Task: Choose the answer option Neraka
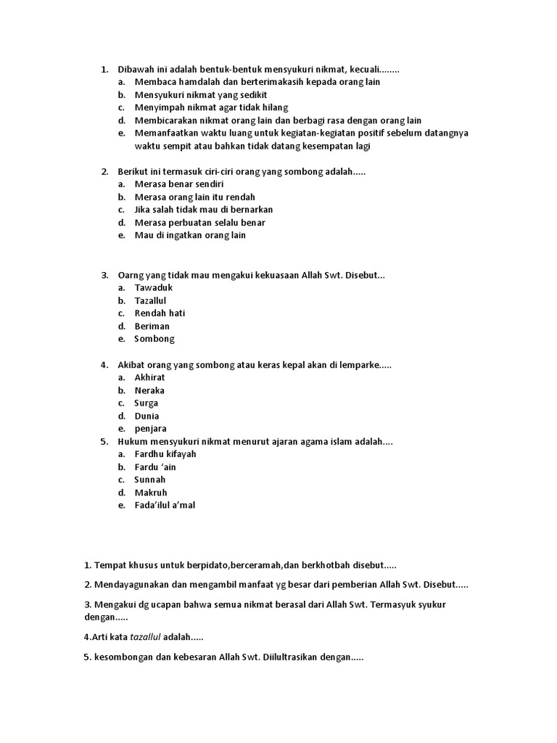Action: tap(149, 390)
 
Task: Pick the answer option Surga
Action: tap(146, 403)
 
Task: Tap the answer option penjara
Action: tap(150, 429)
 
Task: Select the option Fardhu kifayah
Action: tap(165, 454)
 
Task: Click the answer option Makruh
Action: tap(151, 493)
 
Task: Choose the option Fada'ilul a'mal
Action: tap(165, 506)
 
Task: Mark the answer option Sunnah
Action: tap(149, 480)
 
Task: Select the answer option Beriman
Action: tap(152, 327)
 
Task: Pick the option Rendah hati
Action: tap(160, 313)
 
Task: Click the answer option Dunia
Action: tap(147, 416)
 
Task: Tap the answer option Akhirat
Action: tap(149, 377)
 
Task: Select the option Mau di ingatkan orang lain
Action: tap(190, 235)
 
